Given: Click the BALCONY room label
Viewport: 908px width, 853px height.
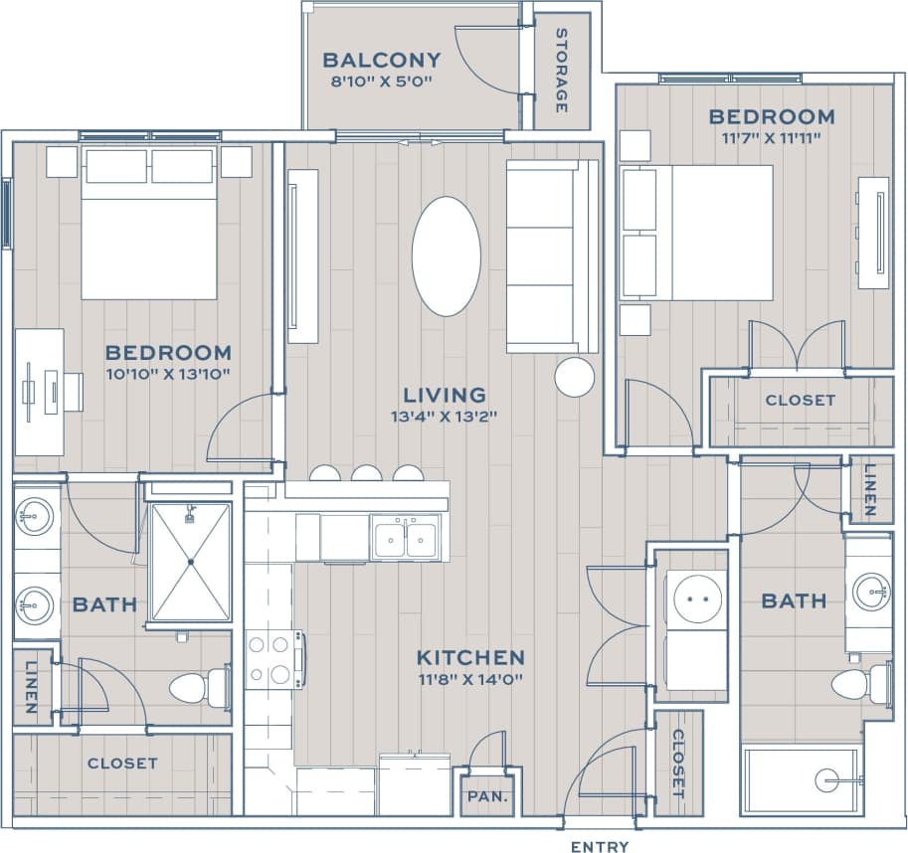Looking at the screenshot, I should click(x=381, y=60).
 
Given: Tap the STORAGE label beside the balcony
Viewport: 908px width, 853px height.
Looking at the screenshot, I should click(x=561, y=70).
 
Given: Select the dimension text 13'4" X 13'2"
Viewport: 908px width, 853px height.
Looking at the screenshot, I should click(x=444, y=418).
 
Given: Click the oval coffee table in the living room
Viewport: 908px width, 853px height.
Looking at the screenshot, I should click(x=447, y=256).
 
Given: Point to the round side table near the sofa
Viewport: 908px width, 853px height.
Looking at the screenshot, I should click(x=574, y=377).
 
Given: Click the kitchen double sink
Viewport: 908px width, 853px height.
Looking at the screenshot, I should click(x=405, y=537).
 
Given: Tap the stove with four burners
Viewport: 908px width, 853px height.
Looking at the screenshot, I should click(x=274, y=659).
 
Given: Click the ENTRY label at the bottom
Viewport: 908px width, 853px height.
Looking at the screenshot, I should click(x=600, y=847).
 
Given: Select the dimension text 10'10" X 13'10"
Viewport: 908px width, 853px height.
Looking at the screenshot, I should click(x=168, y=374).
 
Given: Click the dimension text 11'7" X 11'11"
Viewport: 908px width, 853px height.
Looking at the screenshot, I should click(x=771, y=138).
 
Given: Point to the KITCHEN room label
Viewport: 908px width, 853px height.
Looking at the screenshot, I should click(x=469, y=657).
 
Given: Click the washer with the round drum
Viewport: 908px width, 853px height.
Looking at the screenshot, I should click(x=695, y=599).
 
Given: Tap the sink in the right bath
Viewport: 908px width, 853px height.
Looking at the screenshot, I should click(x=871, y=590).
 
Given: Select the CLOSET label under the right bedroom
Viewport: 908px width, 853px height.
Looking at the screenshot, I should click(x=800, y=400).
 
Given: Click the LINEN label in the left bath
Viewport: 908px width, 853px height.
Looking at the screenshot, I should click(x=31, y=687).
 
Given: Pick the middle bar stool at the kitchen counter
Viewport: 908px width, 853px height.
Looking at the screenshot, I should click(x=366, y=473).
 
